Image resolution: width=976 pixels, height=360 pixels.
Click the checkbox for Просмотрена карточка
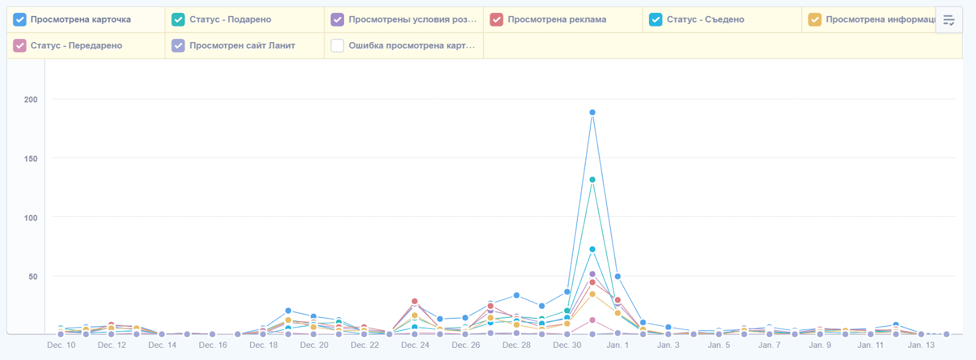tap(20, 20)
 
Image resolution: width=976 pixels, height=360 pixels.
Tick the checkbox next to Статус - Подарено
tap(178, 20)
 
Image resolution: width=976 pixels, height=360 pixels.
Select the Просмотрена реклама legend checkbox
tap(497, 20)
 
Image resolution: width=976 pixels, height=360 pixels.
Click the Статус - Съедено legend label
tap(705, 20)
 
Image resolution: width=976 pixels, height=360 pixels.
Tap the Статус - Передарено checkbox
tap(20, 46)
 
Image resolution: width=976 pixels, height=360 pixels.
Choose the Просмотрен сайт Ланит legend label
tap(242, 46)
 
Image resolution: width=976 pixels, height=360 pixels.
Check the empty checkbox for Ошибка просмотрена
tap(337, 46)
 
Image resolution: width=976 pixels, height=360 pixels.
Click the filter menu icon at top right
tap(949, 20)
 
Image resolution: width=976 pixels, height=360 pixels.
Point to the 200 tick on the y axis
tap(30, 99)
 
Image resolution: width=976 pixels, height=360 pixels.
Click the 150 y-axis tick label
tap(30, 159)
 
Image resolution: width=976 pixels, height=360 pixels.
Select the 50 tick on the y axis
tap(33, 276)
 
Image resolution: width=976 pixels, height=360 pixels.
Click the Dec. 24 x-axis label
tap(415, 345)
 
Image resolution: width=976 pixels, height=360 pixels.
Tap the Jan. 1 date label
tap(617, 345)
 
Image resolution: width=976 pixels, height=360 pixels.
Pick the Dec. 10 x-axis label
tap(61, 345)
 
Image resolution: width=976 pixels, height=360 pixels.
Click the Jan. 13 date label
tap(921, 345)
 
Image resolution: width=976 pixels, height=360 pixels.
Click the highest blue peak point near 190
tap(592, 112)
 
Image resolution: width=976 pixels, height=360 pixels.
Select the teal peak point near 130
tap(592, 180)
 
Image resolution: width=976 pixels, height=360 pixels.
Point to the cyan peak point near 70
tap(592, 250)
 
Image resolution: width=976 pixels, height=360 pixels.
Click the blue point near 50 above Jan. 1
tap(618, 276)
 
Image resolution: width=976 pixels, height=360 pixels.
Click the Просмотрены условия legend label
tap(412, 20)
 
